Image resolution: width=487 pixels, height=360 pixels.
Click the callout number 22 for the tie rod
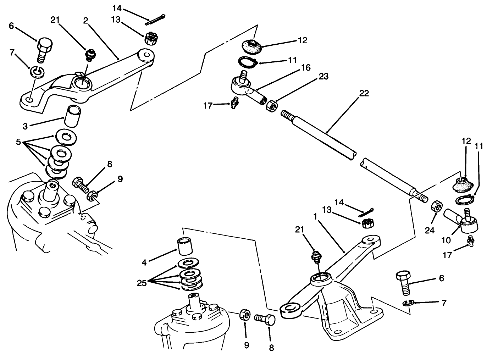coord(364,94)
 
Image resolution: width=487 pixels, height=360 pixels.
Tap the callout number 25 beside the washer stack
coord(142,283)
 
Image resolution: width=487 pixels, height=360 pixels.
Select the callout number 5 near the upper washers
coord(18,143)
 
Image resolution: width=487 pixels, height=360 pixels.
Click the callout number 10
coord(446,240)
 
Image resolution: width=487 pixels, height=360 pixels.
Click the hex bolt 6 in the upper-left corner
coord(45,49)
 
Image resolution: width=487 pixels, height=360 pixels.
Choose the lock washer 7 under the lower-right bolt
coord(409,303)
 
